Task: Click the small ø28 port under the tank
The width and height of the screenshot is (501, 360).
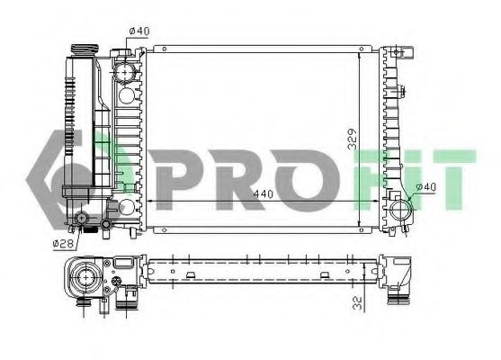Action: click(x=84, y=220)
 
